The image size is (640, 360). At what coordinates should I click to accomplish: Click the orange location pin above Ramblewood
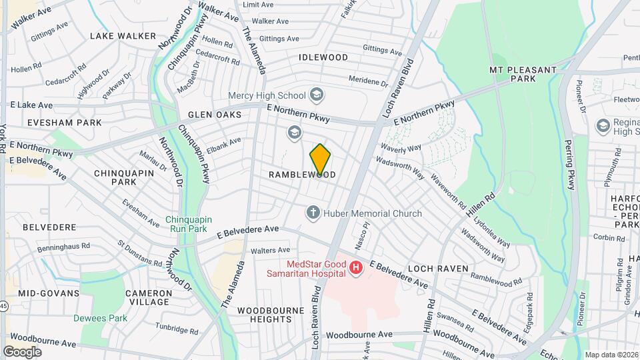point(320,159)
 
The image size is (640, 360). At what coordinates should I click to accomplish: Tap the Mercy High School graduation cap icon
point(316,95)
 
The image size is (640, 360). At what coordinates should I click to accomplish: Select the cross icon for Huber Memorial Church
point(312,213)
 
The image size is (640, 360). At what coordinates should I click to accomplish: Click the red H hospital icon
point(356,268)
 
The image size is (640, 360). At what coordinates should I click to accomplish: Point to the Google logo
point(22,351)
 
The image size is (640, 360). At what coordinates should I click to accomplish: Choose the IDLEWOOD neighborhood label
point(323,57)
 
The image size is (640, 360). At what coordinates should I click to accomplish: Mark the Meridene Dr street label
point(369,81)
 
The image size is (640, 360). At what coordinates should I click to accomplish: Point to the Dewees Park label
point(100,318)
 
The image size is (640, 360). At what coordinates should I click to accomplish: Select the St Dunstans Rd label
point(139,254)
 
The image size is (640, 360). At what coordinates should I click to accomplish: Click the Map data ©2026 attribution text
point(611,355)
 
